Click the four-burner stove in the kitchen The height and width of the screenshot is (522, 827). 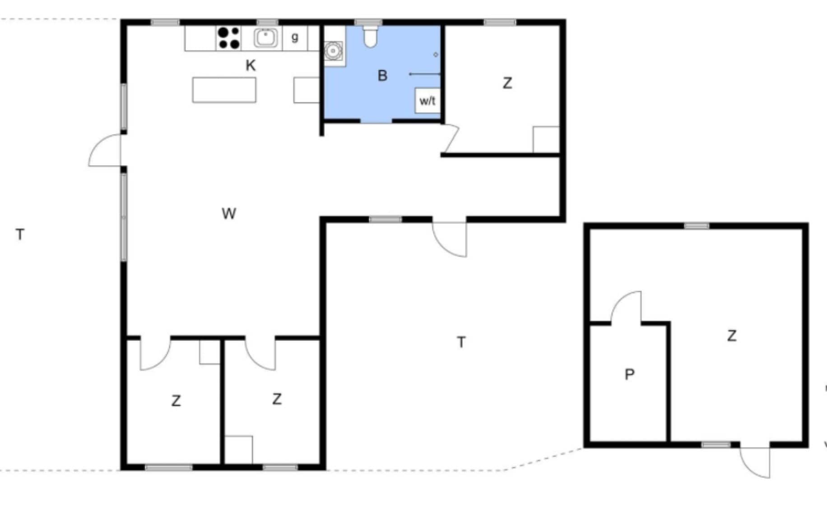click(228, 38)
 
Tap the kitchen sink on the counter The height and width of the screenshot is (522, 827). click(265, 38)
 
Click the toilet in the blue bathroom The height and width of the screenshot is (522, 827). click(370, 36)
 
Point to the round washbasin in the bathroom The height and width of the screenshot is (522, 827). click(333, 51)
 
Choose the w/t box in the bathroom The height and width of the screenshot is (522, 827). click(427, 101)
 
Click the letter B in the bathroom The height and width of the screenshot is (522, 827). click(382, 76)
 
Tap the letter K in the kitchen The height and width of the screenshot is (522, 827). click(251, 66)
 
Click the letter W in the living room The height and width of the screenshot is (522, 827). click(229, 213)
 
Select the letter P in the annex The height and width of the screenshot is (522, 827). click(629, 374)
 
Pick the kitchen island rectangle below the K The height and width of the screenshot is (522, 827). click(224, 90)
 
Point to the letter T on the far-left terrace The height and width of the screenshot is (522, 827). click(20, 235)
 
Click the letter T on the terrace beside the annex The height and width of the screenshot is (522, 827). click(461, 342)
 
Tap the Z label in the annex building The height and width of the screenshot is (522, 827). click(732, 336)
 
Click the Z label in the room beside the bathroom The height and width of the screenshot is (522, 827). click(507, 83)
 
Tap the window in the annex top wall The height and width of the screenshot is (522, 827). click(697, 226)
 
